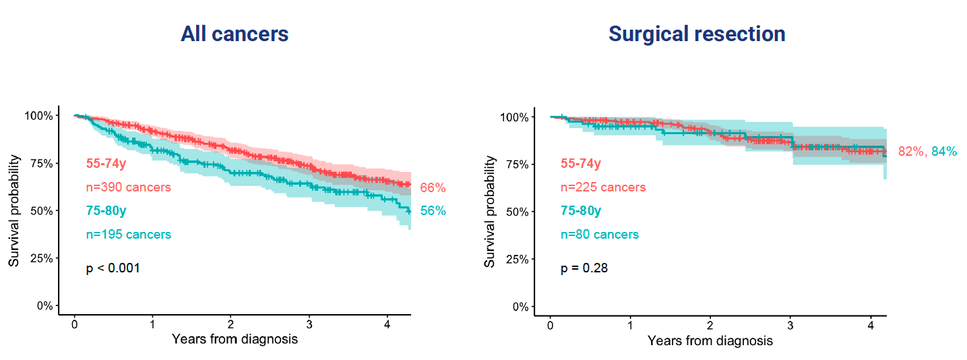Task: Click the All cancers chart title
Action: (x=235, y=34)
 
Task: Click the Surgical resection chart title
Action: (x=697, y=34)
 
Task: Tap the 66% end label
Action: (x=433, y=188)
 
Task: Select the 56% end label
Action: (x=433, y=211)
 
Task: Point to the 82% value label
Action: (x=911, y=152)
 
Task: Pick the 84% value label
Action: (x=943, y=152)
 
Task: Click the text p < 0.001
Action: (x=113, y=268)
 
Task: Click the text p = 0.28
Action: (x=584, y=268)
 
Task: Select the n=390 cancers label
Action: (x=129, y=187)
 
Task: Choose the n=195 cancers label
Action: (x=129, y=235)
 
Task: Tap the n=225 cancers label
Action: (x=603, y=187)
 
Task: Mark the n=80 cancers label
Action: (x=600, y=235)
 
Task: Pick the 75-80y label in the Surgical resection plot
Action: (x=581, y=211)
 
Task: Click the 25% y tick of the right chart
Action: (x=514, y=259)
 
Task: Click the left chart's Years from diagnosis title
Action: (x=235, y=339)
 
